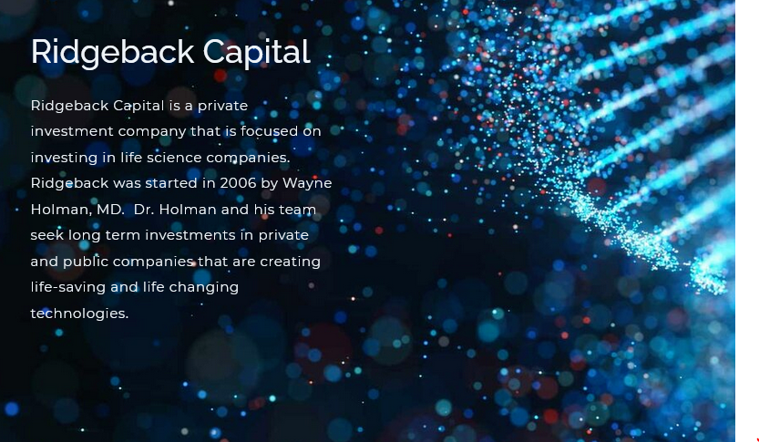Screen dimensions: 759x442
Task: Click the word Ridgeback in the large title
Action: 112,53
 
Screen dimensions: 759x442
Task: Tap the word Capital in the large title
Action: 257,53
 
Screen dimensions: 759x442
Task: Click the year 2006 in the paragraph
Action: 238,183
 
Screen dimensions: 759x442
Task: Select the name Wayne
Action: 307,184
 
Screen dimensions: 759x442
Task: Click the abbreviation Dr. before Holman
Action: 144,210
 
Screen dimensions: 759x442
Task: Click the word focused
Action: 269,131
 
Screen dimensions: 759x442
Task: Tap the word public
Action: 86,262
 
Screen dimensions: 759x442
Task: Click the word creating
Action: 291,262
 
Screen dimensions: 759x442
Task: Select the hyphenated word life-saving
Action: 68,288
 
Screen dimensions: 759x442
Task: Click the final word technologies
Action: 79,314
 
